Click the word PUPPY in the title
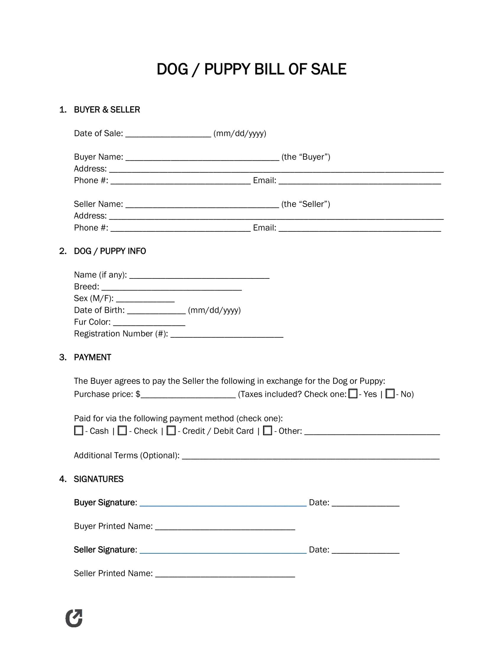[227, 70]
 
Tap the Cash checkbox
[79, 431]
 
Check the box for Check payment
[122, 431]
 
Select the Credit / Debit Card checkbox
[171, 431]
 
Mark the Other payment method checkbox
[267, 431]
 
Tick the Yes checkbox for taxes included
[353, 394]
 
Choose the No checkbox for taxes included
[390, 394]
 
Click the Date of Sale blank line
[168, 134]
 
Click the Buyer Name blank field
[202, 158]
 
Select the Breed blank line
[171, 287]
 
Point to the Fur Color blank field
[149, 323]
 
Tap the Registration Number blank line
[227, 334]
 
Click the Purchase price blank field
[188, 395]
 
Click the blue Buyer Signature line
[223, 503]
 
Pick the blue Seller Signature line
[223, 551]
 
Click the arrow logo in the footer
[74, 618]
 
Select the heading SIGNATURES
[99, 479]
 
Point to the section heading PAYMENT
[92, 357]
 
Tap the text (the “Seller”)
[305, 204]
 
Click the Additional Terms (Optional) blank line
[310, 456]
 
